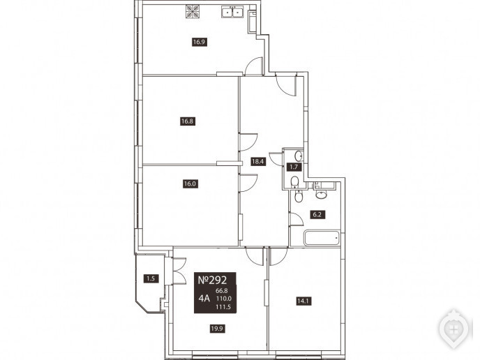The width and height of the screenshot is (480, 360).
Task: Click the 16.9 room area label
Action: [199, 42]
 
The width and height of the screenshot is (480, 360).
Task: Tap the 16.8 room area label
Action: [187, 121]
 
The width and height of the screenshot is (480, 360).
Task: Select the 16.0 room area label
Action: [190, 184]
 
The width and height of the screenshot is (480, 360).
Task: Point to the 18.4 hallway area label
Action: [257, 161]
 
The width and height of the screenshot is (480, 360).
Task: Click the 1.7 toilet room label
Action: [294, 167]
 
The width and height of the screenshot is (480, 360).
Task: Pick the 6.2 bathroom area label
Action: [317, 214]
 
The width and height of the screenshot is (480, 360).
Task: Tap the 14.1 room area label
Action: [303, 301]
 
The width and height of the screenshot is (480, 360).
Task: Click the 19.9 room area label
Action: [218, 329]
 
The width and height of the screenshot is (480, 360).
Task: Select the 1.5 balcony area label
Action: [151, 278]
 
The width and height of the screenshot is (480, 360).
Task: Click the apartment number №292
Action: [213, 280]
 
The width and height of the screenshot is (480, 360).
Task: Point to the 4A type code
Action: [204, 298]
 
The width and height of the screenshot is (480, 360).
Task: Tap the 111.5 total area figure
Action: [223, 307]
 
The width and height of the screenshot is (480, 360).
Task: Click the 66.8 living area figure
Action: [222, 290]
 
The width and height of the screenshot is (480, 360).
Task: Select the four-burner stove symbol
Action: [193, 12]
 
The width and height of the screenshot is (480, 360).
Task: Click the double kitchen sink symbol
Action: [232, 13]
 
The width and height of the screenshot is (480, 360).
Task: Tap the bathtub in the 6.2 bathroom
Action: [322, 238]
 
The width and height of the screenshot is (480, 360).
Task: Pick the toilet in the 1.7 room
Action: [294, 182]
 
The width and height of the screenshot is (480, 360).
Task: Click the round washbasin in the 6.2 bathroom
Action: [321, 194]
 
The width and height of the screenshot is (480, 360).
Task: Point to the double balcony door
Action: [179, 271]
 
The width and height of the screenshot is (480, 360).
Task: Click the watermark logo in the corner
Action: [454, 329]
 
